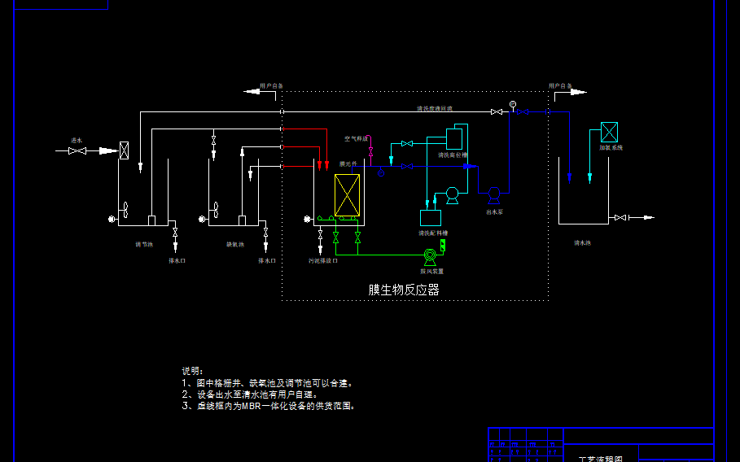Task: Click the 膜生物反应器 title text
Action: pyautogui.click(x=404, y=290)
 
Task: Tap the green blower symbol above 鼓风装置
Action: pyautogui.click(x=430, y=255)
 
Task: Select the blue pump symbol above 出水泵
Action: pyautogui.click(x=493, y=195)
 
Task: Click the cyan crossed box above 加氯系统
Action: pyautogui.click(x=609, y=132)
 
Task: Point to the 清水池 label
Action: pyautogui.click(x=582, y=242)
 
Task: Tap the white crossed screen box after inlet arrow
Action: pyautogui.click(x=125, y=150)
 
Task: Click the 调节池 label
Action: pyautogui.click(x=144, y=243)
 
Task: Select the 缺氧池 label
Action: pyautogui.click(x=235, y=243)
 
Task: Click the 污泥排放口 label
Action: pyautogui.click(x=322, y=261)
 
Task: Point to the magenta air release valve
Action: pyautogui.click(x=370, y=151)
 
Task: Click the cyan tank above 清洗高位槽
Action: pyautogui.click(x=454, y=138)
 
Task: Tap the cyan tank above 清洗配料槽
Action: pyautogui.click(x=430, y=217)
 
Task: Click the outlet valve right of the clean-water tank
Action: pyautogui.click(x=621, y=217)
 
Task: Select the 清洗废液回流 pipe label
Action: pyautogui.click(x=434, y=108)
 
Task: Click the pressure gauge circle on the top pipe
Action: pyautogui.click(x=513, y=104)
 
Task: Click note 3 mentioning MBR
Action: pyautogui.click(x=268, y=405)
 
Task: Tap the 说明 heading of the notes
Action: pyautogui.click(x=192, y=371)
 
